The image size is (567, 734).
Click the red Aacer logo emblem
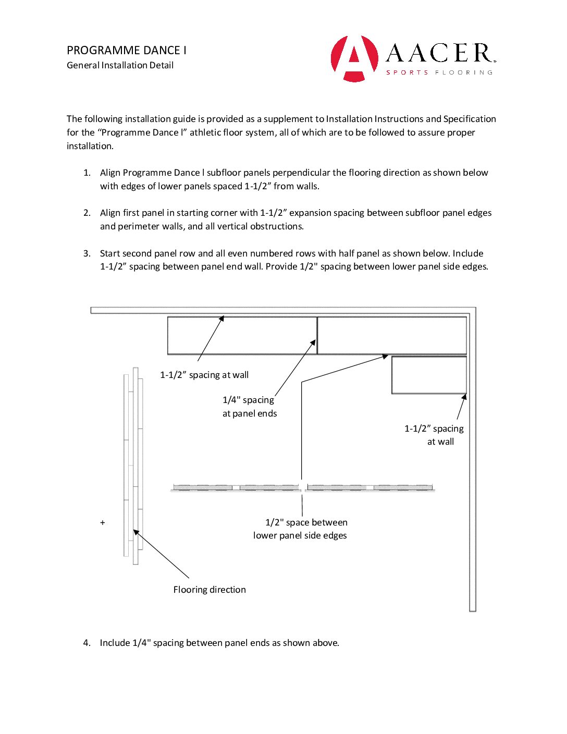coord(354,58)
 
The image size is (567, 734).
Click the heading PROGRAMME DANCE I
coord(127,51)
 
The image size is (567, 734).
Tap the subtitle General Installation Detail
coord(120,65)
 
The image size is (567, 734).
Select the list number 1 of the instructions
coord(87,173)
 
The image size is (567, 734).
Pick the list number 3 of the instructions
coord(87,253)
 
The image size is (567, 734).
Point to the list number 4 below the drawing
coord(87,643)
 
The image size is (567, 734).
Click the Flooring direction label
coord(209,590)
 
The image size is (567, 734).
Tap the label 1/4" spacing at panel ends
coord(250,407)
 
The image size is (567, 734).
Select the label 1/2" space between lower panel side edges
coord(301,529)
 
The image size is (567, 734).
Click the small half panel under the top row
coord(429,375)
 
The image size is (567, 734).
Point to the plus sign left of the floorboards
coord(103,522)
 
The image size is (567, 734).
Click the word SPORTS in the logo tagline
coord(407,72)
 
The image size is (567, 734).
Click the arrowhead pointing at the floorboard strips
coord(136,532)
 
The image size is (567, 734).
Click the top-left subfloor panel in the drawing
coord(242,335)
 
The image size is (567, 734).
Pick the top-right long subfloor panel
coord(392,335)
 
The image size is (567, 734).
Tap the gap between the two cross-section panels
coord(303,488)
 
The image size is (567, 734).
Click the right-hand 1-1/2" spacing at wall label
coord(434,435)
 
